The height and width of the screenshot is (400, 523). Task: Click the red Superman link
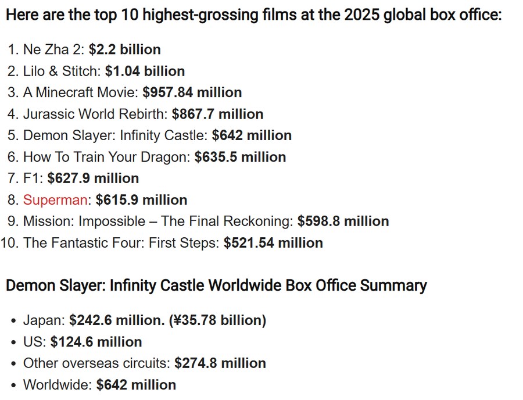point(55,200)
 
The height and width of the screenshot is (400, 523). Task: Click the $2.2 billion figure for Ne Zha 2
point(125,49)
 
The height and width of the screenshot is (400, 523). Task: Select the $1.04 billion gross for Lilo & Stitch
point(145,71)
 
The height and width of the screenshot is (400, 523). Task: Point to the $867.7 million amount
point(217,114)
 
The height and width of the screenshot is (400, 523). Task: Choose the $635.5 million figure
point(240,157)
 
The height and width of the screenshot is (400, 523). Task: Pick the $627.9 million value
point(93,178)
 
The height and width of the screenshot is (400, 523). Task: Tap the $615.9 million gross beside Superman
point(141,200)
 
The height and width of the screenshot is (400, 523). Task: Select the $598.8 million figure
point(343,222)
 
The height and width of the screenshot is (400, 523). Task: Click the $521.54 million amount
point(273,243)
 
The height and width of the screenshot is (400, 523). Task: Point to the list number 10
point(9,243)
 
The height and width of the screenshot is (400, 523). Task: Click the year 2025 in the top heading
point(362,15)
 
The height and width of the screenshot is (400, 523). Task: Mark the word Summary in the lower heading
point(393,285)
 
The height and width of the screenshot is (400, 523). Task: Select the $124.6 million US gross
point(96,342)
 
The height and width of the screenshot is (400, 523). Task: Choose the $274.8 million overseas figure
point(220,363)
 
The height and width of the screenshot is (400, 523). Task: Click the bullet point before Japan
point(13,321)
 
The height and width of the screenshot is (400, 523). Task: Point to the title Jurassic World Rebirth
point(94,114)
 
